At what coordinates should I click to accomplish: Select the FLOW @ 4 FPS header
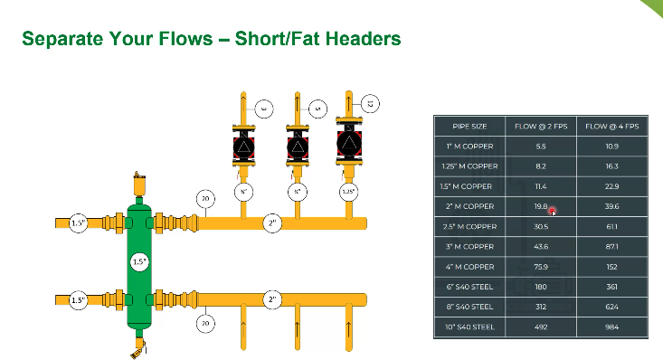point(612,127)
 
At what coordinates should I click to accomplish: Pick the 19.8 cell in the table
point(541,206)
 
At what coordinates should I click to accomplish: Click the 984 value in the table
point(612,326)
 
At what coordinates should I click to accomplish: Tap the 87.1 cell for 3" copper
point(612,246)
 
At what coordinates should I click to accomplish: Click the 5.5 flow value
point(541,147)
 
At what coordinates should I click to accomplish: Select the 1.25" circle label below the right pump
point(348,192)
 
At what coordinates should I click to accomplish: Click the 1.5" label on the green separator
point(138,262)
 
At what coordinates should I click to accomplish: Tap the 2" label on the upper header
point(272,223)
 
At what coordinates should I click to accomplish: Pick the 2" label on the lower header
point(272,298)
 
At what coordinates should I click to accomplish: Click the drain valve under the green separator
point(137,346)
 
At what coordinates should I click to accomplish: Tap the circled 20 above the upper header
point(206,198)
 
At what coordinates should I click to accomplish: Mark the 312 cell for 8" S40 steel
point(541,306)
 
